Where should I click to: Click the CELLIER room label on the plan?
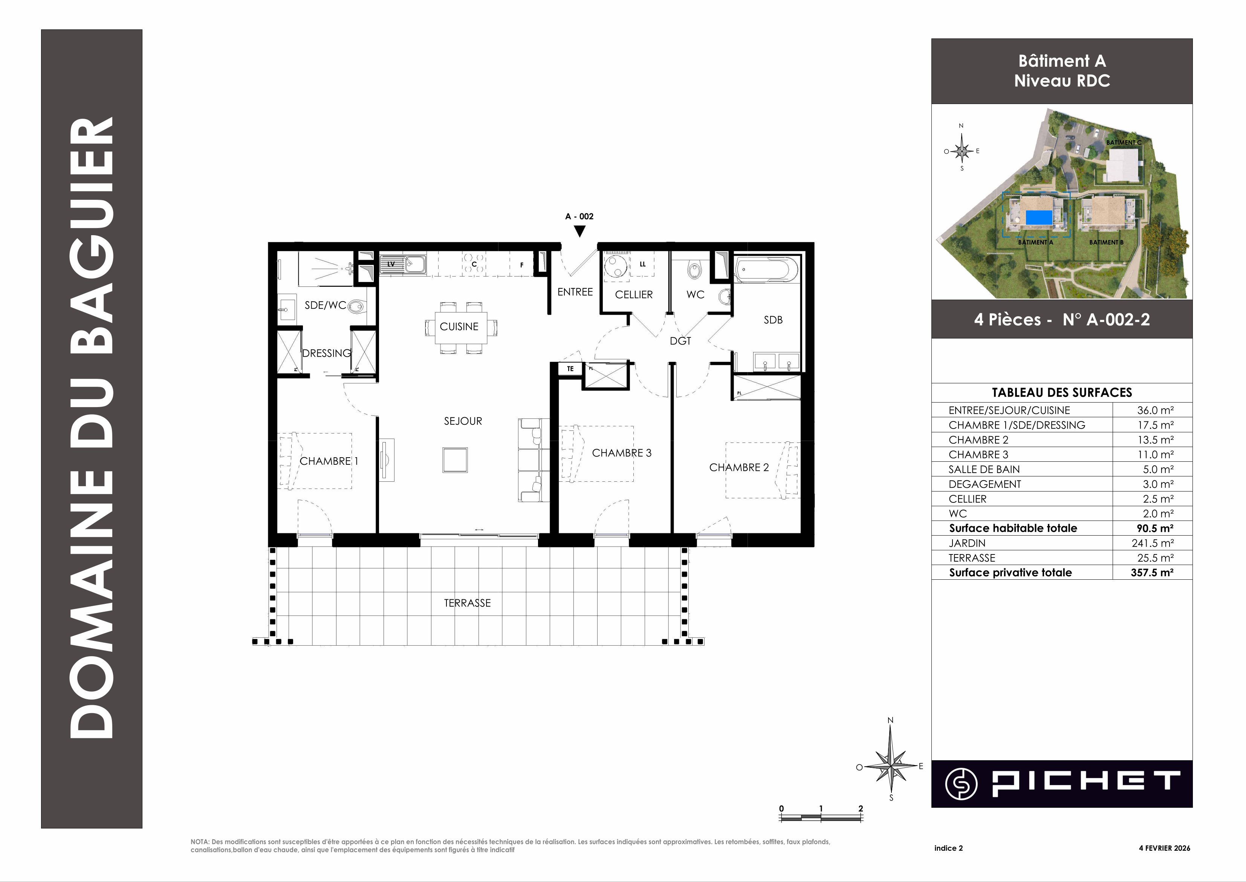[634, 294]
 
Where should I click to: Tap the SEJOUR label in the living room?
[463, 421]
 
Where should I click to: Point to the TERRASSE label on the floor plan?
[467, 603]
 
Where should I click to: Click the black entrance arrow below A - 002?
[580, 231]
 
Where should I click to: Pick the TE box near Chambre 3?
[570, 369]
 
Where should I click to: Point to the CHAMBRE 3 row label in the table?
[978, 455]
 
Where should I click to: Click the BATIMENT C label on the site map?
[1124, 142]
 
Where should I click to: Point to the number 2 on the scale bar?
[861, 808]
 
